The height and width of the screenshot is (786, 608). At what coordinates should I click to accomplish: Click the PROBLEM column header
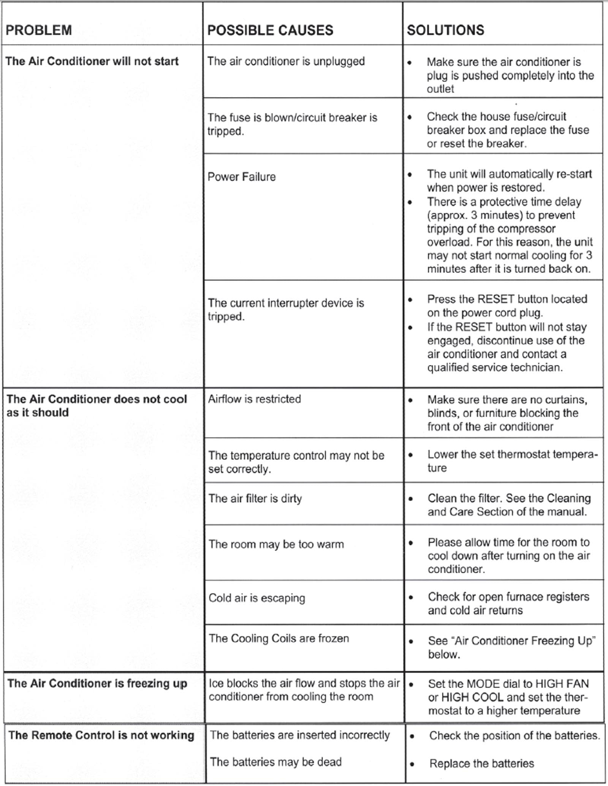[x=39, y=30]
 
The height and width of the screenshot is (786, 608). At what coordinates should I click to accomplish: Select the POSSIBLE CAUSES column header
[x=270, y=30]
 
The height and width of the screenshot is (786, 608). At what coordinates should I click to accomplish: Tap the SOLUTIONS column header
[x=445, y=30]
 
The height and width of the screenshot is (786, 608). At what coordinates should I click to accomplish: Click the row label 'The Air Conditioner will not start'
[x=92, y=61]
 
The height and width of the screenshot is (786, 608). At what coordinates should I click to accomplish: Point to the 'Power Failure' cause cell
[x=242, y=177]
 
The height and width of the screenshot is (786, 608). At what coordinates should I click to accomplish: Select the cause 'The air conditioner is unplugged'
[x=286, y=61]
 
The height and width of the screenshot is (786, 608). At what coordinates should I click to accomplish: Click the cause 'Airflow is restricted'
[x=254, y=399]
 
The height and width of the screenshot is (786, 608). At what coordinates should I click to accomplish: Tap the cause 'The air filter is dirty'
[x=255, y=498]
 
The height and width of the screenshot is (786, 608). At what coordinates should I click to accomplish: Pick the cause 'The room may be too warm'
[x=276, y=544]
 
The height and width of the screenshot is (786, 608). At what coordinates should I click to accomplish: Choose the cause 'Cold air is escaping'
[x=256, y=598]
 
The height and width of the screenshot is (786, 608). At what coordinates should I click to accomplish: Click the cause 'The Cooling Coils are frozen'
[x=279, y=638]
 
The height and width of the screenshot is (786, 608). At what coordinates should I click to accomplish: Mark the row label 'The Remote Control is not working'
[x=101, y=735]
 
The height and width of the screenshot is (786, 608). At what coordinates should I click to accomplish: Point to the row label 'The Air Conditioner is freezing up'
[x=97, y=683]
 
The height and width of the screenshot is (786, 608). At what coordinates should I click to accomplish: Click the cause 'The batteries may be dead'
[x=275, y=762]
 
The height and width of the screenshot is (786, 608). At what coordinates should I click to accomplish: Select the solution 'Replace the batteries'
[x=481, y=763]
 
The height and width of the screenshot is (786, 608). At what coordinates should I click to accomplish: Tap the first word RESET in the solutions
[x=496, y=299]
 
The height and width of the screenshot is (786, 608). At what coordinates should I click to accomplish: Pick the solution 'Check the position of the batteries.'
[x=515, y=735]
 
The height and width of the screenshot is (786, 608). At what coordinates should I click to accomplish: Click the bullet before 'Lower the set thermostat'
[x=410, y=455]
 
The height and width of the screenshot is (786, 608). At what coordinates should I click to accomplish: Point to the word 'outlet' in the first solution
[x=440, y=89]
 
